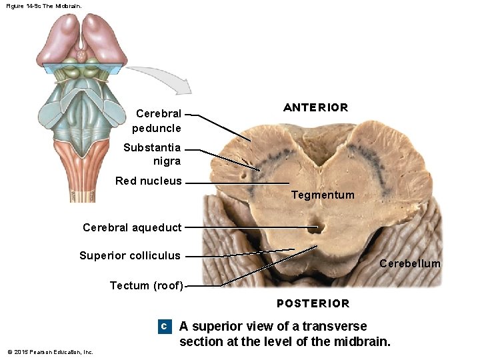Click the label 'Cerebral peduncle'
[157, 121]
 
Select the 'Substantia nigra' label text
[152, 154]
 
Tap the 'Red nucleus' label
[148, 181]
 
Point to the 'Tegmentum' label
[323, 195]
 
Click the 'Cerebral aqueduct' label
[132, 227]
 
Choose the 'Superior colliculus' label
[129, 255]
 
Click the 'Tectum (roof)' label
[146, 285]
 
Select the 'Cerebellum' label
[409, 263]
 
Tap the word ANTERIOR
[315, 107]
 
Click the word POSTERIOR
[313, 303]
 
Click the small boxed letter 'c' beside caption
[163, 327]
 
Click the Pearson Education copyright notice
[50, 352]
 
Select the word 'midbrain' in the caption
[363, 342]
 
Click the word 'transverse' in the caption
[334, 326]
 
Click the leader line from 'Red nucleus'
[237, 183]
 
